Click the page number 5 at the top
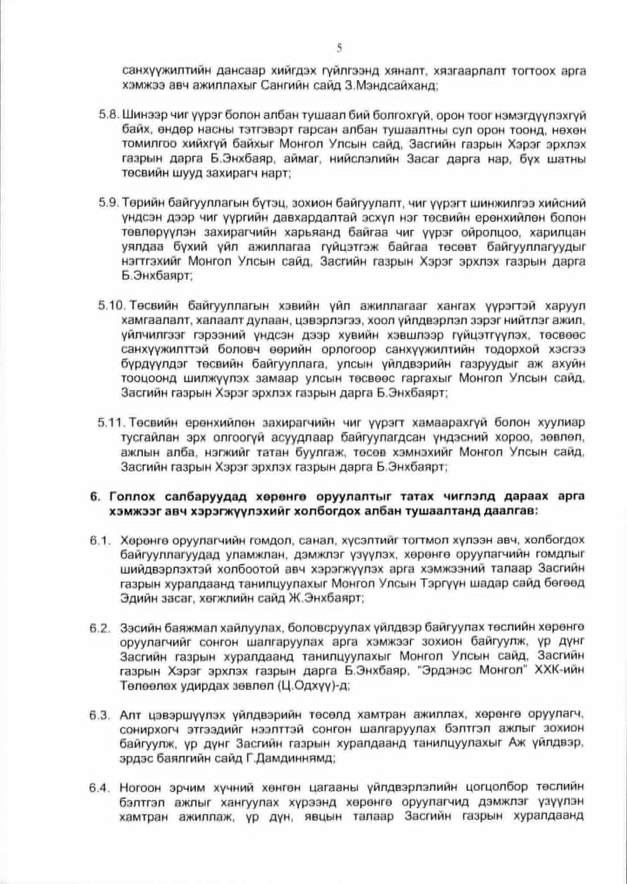pyautogui.click(x=339, y=47)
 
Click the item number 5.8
pyautogui.click(x=109, y=116)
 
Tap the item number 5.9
pyautogui.click(x=109, y=203)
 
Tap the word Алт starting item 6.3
pyautogui.click(x=129, y=715)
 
